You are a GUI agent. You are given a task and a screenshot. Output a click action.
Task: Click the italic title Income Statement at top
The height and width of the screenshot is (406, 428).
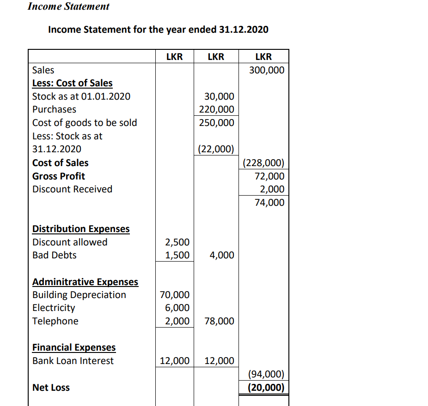68,6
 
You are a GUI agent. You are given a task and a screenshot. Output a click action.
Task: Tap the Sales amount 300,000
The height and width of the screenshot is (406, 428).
267,70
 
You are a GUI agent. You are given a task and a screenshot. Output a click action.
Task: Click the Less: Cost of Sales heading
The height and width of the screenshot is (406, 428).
72,83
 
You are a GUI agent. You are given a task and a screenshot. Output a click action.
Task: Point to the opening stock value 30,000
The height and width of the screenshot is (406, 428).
219,96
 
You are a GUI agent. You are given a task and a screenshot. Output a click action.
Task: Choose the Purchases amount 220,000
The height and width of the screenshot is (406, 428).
216,109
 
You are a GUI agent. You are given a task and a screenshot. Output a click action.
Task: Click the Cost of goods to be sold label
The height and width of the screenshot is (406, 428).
85,123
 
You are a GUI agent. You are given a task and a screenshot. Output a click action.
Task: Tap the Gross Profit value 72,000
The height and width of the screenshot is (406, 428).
269,176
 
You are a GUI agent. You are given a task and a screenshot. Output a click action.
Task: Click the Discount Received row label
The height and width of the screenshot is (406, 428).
72,189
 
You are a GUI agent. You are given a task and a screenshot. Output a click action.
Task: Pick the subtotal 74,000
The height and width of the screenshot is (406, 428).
269,203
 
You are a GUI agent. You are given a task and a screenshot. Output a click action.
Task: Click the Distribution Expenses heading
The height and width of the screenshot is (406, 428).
81,229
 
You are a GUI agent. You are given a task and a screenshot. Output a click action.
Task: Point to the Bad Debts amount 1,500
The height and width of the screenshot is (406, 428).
177,255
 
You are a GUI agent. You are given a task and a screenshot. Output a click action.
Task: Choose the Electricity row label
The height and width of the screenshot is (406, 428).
54,308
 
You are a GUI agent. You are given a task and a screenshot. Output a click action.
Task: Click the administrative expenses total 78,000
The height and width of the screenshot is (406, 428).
219,321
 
